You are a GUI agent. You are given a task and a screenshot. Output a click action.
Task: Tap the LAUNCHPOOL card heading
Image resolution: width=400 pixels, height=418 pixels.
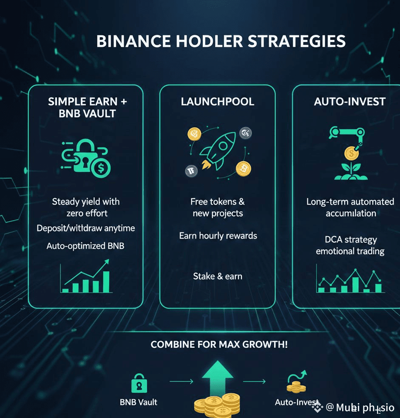[218, 102]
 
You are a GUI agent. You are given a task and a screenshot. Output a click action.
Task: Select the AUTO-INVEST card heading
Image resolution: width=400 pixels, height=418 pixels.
[349, 102]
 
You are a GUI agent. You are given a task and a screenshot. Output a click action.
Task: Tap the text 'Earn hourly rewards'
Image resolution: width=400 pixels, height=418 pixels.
[218, 236]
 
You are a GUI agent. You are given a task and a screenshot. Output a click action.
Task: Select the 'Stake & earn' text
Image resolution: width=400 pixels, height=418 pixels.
[218, 276]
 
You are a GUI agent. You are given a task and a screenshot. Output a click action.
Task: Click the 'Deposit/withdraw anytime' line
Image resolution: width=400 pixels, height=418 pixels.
[85, 228]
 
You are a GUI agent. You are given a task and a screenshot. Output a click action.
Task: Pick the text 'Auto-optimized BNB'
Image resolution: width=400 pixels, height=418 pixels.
[85, 246]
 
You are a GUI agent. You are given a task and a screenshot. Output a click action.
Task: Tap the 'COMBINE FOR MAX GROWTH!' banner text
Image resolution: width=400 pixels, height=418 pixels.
[219, 344]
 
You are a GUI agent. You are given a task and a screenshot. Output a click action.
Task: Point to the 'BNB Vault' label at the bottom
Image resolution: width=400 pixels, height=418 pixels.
[139, 402]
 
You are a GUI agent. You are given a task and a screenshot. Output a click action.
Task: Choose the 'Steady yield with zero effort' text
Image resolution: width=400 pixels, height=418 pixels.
[85, 207]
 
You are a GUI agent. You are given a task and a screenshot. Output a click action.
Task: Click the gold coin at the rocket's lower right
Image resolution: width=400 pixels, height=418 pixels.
[243, 169]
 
